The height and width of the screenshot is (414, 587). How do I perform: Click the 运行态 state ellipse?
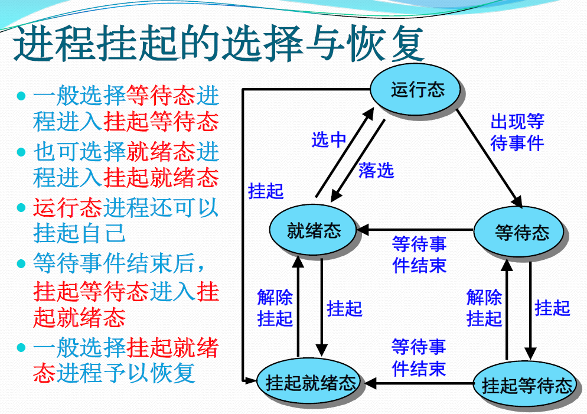tap(417, 90)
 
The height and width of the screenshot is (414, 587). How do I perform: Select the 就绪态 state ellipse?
tap(314, 231)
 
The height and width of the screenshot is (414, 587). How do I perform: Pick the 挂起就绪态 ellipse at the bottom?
tap(311, 383)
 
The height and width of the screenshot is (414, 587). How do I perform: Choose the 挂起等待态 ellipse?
tap(527, 386)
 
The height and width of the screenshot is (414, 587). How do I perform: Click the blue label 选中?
tap(328, 140)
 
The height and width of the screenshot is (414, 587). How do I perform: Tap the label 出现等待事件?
tap(517, 132)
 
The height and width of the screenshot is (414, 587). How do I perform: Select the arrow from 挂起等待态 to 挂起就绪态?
tap(419, 384)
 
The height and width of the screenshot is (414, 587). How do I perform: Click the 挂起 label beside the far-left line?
tap(266, 191)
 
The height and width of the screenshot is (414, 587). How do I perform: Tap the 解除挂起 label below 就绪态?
tap(275, 308)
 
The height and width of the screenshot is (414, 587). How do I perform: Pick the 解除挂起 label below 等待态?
tap(484, 308)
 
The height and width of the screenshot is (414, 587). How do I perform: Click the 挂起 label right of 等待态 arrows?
tap(552, 308)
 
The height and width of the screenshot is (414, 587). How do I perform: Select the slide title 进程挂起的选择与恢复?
tap(219, 43)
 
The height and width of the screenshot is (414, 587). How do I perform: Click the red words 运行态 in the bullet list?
tap(67, 207)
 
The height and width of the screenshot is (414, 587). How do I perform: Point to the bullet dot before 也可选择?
tap(22, 152)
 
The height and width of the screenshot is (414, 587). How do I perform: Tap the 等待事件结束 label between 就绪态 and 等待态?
tap(419, 255)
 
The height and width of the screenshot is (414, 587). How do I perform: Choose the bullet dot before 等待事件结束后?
tap(22, 263)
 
